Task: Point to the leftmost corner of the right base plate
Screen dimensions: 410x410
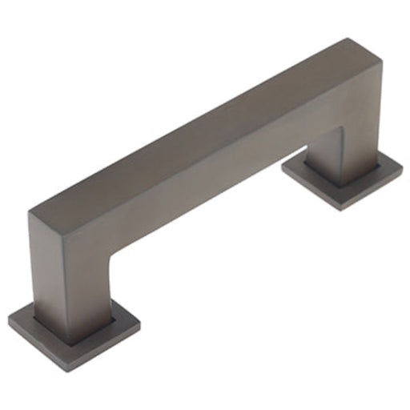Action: click(283, 167)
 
